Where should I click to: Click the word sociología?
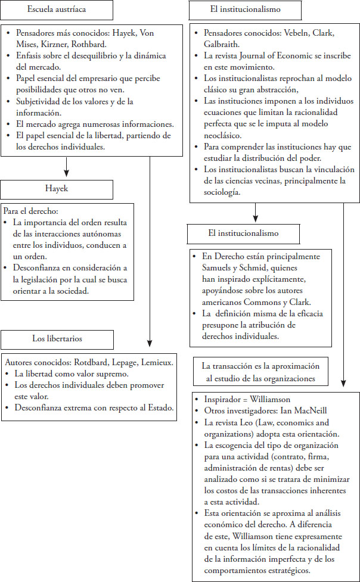[222, 192]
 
